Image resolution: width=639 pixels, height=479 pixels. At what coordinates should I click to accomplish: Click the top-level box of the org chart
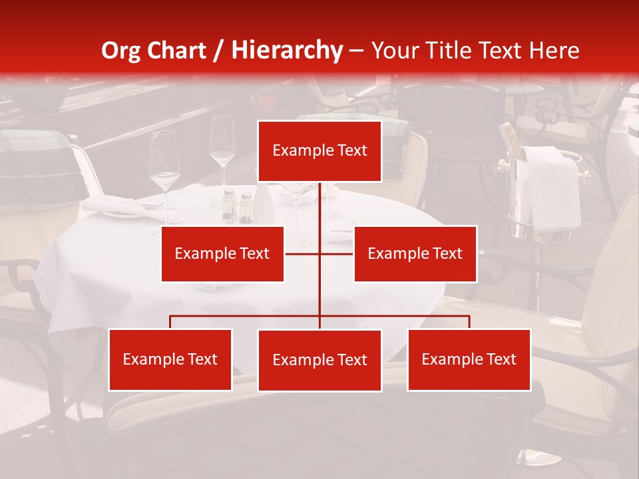pyautogui.click(x=319, y=151)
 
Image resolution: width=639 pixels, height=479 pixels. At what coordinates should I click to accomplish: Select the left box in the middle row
pyautogui.click(x=222, y=253)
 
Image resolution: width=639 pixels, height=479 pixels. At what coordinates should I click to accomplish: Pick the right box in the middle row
pyautogui.click(x=415, y=253)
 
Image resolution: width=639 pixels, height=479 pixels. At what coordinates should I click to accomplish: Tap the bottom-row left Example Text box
pyautogui.click(x=170, y=359)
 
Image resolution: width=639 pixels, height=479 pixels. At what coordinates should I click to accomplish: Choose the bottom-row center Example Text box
pyautogui.click(x=319, y=360)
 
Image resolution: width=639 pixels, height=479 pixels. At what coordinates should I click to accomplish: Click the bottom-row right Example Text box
pyautogui.click(x=469, y=359)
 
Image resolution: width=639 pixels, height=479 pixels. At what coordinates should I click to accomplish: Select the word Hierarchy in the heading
pyautogui.click(x=287, y=51)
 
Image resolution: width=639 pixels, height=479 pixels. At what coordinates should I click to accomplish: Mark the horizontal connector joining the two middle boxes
pyautogui.click(x=336, y=253)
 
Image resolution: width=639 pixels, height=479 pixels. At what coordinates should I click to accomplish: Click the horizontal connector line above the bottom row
pyautogui.click(x=246, y=316)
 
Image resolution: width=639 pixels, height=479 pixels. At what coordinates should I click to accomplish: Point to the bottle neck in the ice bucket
pyautogui.click(x=509, y=136)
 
